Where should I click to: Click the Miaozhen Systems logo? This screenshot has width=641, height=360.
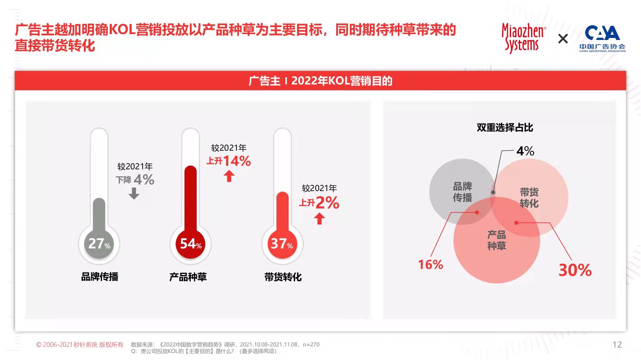coord(523,38)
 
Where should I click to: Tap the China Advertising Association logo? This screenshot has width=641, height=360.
coord(602,38)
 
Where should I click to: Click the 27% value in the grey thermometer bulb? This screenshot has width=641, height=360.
coord(99,243)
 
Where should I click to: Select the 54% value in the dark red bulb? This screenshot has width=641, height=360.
coord(191,243)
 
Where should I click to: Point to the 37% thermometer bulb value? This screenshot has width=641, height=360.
coord(282,243)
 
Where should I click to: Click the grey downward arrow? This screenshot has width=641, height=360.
coord(134,193)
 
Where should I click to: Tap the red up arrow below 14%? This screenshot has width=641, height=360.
coord(229,176)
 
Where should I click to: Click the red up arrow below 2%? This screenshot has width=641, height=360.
coord(320,219)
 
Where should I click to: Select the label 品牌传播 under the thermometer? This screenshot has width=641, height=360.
coord(100,277)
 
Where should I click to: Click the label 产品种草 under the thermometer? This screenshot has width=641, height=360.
coord(188,277)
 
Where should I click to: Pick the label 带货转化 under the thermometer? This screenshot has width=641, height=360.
coord(283,277)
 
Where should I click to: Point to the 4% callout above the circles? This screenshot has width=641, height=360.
coord(525,151)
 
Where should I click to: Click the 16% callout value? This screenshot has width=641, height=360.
coord(430,265)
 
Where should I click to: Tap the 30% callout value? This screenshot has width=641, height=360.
coord(575,270)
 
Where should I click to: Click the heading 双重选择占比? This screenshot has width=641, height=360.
coord(505,127)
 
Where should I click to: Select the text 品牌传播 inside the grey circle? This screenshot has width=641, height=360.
coord(462,192)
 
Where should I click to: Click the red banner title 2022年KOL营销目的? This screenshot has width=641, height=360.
coord(320,81)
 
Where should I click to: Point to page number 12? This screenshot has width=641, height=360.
coord(617,344)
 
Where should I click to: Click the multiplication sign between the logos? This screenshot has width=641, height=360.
coord(563,39)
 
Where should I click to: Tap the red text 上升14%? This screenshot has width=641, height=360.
coord(229,161)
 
